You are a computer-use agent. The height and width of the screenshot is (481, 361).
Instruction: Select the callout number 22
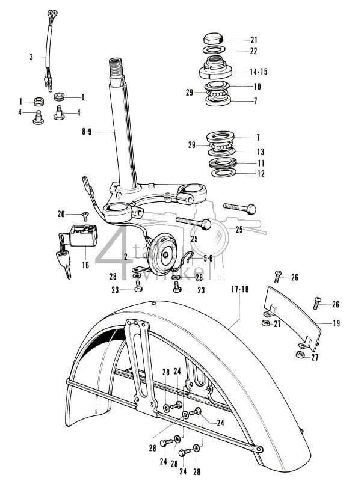click(x=253, y=51)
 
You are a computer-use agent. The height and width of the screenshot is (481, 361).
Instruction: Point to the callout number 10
click(x=256, y=86)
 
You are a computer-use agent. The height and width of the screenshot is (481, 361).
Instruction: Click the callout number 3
click(x=31, y=58)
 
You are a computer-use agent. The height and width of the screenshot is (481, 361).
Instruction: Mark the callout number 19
click(x=336, y=324)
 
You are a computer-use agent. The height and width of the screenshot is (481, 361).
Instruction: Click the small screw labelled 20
click(x=84, y=215)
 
